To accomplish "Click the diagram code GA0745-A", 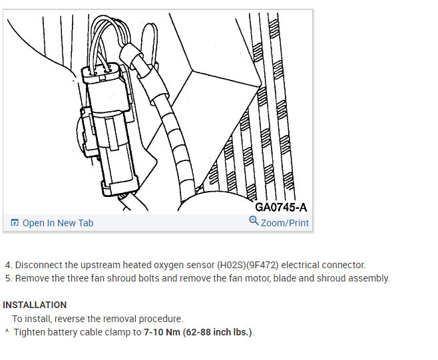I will (x=281, y=207).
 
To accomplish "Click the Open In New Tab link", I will (x=58, y=223).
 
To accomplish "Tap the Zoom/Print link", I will (x=285, y=223).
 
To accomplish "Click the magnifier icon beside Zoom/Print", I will (x=254, y=222).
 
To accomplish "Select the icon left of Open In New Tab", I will (x=15, y=223).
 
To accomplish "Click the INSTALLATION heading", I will (x=35, y=305).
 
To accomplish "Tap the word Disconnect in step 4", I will (x=37, y=265).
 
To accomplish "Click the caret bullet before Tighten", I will (x=7, y=331).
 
